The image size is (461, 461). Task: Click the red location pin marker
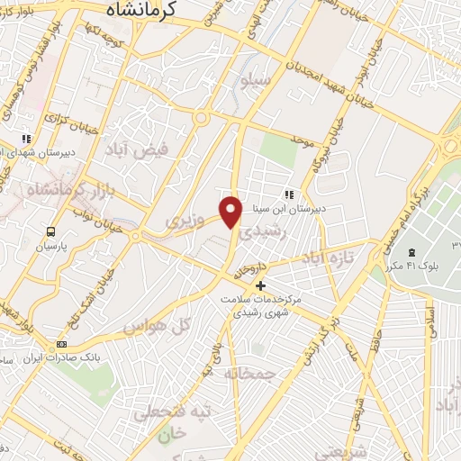[x=231, y=211]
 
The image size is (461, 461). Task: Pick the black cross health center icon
[x=261, y=286]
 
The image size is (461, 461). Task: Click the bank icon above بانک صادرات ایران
[x=62, y=343]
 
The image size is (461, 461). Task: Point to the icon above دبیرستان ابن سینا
[x=289, y=194]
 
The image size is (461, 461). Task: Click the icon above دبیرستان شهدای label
[x=27, y=139]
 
